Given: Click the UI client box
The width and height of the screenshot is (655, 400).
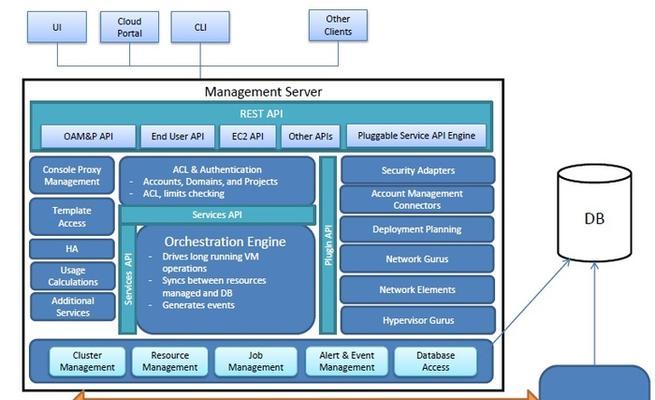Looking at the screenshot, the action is pyautogui.click(x=57, y=27).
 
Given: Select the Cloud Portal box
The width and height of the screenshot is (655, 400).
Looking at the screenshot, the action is pyautogui.click(x=129, y=27).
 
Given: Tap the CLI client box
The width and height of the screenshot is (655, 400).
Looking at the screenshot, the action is pyautogui.click(x=200, y=27).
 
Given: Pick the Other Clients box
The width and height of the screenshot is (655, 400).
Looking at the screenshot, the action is pyautogui.click(x=338, y=25).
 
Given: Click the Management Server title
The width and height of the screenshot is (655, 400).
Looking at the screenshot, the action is pyautogui.click(x=263, y=92).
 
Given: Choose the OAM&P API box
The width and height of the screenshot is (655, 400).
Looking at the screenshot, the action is pyautogui.click(x=88, y=136).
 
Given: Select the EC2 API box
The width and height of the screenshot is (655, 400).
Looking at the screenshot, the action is pyautogui.click(x=248, y=136).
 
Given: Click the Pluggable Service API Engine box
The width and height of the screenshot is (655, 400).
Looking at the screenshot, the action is pyautogui.click(x=416, y=136).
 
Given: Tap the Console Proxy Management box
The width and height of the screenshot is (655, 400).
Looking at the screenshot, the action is pyautogui.click(x=72, y=175).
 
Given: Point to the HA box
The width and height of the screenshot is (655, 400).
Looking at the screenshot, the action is pyautogui.click(x=72, y=249).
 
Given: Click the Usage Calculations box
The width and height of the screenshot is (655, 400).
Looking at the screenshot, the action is pyautogui.click(x=73, y=276).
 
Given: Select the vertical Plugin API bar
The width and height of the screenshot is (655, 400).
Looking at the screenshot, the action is pyautogui.click(x=328, y=246).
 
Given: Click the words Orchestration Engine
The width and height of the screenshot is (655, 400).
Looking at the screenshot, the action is pyautogui.click(x=225, y=242).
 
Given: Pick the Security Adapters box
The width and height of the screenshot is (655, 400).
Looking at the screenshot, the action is pyautogui.click(x=418, y=170).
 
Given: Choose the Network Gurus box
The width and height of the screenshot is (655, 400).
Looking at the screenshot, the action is pyautogui.click(x=417, y=259).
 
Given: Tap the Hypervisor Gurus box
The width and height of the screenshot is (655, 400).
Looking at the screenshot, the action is pyautogui.click(x=418, y=320).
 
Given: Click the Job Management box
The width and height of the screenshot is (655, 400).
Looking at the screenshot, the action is pyautogui.click(x=256, y=361).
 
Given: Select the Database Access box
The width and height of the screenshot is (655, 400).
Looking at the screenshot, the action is pyautogui.click(x=435, y=361).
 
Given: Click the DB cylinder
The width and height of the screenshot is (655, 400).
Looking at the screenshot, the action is pyautogui.click(x=594, y=213).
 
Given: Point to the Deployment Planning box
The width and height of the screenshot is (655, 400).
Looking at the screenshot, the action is pyautogui.click(x=417, y=229).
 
